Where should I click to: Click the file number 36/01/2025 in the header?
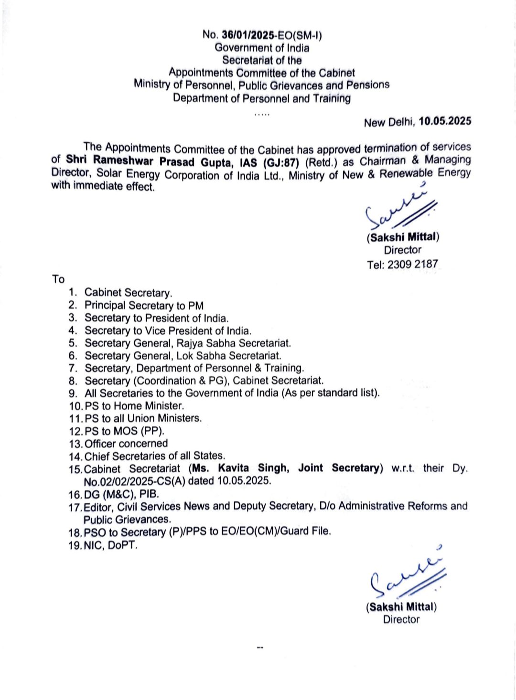(248, 35)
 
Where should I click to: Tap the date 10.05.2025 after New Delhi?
(445, 121)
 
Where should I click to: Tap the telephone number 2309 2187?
(412, 264)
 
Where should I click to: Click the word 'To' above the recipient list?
(58, 279)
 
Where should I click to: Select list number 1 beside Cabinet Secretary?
(73, 292)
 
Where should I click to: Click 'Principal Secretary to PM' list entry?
(144, 306)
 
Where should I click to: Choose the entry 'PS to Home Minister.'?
(134, 406)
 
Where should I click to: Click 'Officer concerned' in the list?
(126, 444)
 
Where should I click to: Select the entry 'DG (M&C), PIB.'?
(121, 494)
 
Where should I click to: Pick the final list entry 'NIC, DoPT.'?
(110, 545)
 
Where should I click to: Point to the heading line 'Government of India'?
(262, 48)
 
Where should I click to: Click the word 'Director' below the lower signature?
(401, 619)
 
